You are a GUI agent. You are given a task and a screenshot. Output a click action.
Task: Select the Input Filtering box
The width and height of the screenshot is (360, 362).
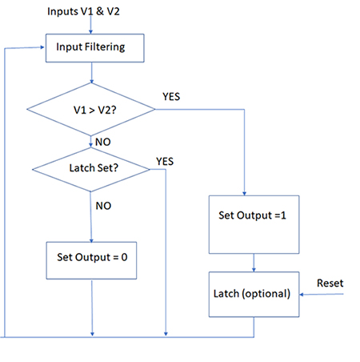coord(94,47)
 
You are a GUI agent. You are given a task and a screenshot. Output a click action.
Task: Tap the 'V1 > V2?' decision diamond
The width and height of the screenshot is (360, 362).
coord(93,107)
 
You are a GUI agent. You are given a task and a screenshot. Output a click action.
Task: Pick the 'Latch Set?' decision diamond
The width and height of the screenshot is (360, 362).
coord(92,168)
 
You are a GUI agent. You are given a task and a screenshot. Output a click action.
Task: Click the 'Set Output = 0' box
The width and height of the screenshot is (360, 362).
coord(93,258)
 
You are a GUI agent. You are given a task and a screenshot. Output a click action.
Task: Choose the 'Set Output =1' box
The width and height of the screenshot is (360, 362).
coord(254,217)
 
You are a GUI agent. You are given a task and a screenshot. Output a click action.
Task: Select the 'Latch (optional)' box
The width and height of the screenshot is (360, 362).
coord(254,293)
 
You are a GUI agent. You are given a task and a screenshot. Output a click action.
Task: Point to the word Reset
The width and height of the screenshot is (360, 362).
coord(331,284)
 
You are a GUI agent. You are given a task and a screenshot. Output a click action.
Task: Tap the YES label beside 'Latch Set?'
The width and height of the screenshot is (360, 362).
coord(166,160)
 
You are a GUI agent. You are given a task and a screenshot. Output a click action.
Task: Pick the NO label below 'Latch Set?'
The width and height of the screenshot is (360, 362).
coord(103,206)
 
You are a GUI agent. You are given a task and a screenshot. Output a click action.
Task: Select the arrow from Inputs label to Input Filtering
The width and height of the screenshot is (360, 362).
coord(94,26)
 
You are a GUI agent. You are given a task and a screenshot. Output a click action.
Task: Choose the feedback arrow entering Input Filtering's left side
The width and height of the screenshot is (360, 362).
coord(24,48)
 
